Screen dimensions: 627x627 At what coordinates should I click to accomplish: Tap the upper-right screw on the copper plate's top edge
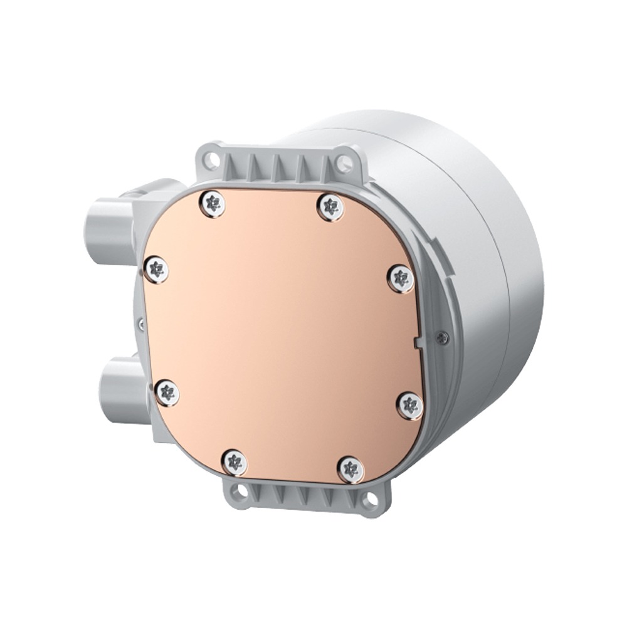click(330, 207)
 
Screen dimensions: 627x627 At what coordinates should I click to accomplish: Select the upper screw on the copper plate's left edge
click(156, 270)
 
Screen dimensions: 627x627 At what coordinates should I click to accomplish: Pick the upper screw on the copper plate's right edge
click(401, 278)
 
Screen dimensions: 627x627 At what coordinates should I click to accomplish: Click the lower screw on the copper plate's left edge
click(166, 393)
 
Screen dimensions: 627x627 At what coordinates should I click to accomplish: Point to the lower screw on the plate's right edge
click(410, 406)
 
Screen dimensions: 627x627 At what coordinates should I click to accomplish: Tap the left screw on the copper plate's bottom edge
click(235, 463)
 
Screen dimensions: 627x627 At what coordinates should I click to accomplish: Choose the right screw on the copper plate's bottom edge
click(350, 469)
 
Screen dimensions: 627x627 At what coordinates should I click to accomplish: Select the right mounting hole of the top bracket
click(344, 164)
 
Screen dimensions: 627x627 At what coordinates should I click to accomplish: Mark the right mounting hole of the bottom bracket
click(371, 500)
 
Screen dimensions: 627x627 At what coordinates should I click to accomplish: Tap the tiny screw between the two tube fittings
click(142, 324)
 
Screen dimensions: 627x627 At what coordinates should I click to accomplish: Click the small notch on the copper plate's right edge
click(417, 342)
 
